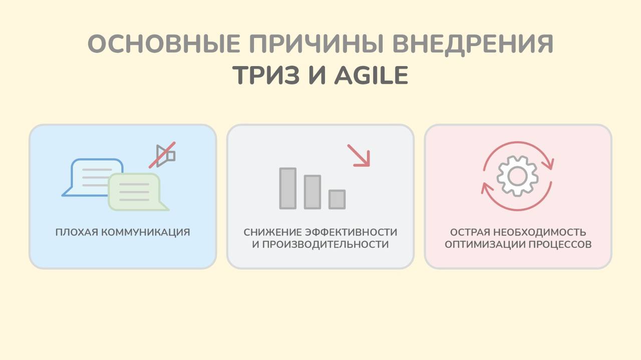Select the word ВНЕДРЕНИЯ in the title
click(473, 45)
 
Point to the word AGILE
click(371, 75)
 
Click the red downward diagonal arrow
click(359, 155)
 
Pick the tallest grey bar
click(288, 188)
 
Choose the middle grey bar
click(312, 192)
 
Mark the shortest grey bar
click(337, 199)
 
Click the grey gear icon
click(517, 175)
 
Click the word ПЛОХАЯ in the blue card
click(77, 232)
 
